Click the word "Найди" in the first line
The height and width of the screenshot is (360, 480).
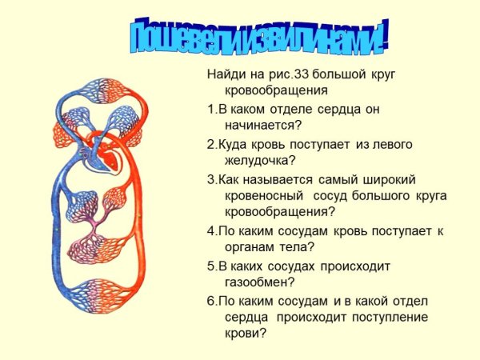[x=225, y=75]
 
